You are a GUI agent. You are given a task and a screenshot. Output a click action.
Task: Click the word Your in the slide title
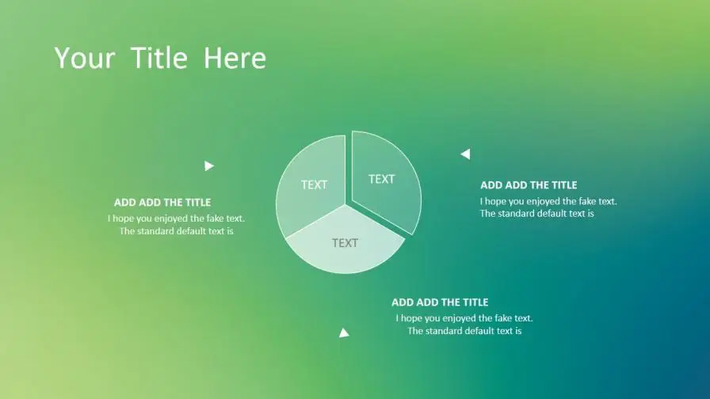point(85,58)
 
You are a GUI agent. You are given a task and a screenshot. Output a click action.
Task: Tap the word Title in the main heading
point(159,58)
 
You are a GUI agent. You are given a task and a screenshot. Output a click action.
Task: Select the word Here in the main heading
point(235,58)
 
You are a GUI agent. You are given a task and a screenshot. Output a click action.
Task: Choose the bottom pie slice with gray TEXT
point(345,245)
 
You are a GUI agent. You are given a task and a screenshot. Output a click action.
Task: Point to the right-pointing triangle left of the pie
point(208,166)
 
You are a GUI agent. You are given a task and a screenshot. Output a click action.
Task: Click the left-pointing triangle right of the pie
point(465,154)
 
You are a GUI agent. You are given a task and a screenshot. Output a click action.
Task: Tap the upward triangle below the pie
point(344,333)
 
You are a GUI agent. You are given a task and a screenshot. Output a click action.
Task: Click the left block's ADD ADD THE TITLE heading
point(162,202)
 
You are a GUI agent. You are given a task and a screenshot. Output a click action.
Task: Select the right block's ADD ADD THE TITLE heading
point(529,185)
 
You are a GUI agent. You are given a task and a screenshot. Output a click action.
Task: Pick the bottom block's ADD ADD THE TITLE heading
point(440,302)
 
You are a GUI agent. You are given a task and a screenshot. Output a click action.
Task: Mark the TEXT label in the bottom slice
point(345,243)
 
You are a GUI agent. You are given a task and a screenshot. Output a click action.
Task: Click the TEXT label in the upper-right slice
point(382,179)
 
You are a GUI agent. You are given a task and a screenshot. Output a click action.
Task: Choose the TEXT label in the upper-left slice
point(315,184)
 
